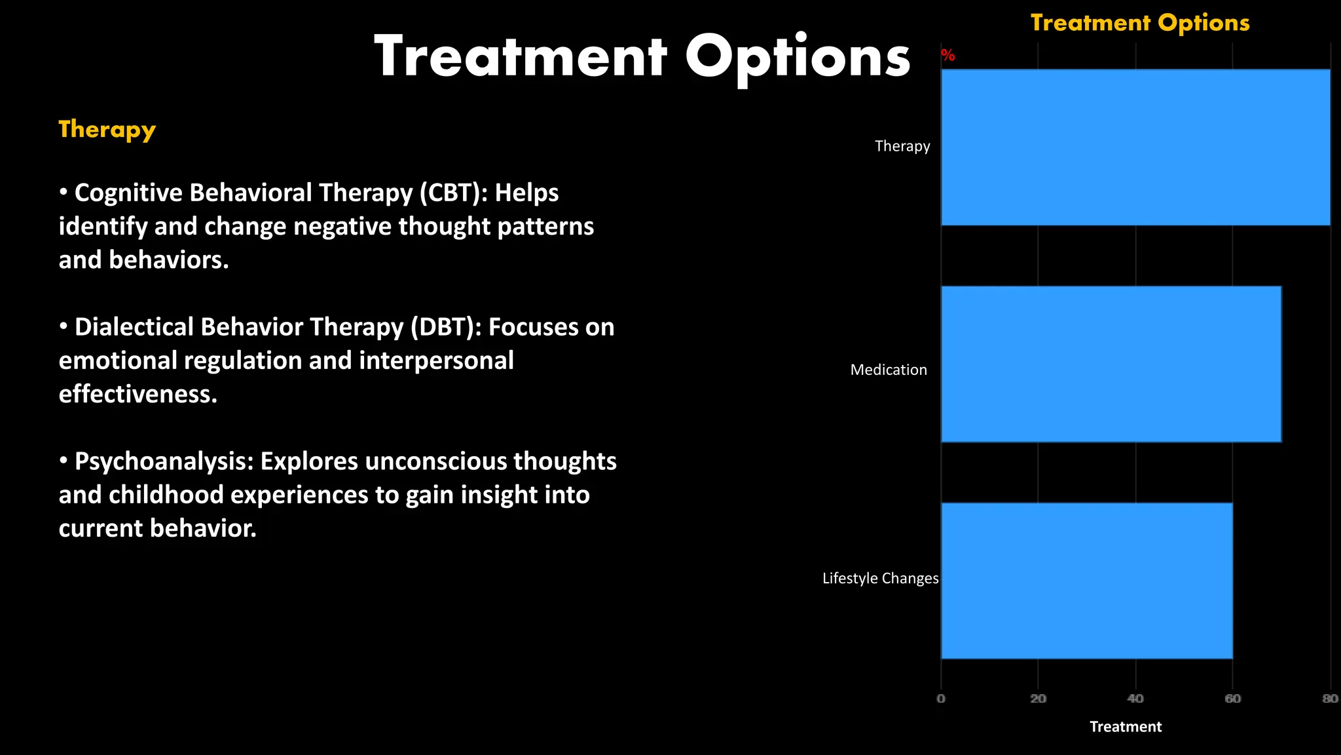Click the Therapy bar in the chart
(x=1135, y=147)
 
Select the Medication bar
(x=1111, y=364)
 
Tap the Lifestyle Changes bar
(x=1087, y=581)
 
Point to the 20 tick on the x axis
(x=1038, y=699)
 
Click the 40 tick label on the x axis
(x=1135, y=699)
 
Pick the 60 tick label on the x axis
(x=1232, y=699)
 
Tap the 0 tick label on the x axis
(x=941, y=699)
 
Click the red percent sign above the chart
(x=948, y=56)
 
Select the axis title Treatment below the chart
(x=1125, y=727)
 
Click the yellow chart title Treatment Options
(x=1140, y=23)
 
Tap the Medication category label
(x=889, y=370)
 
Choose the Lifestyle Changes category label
(x=880, y=579)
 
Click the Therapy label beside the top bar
(x=902, y=146)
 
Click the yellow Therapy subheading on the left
(x=107, y=130)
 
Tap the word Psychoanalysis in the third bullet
(x=164, y=461)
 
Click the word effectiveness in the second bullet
(x=138, y=395)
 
